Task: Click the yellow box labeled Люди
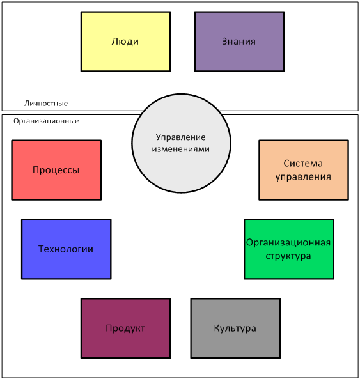click(x=126, y=42)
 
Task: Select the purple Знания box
click(x=239, y=42)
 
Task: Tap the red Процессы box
click(x=56, y=170)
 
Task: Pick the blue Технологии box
click(x=67, y=249)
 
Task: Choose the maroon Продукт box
click(x=126, y=329)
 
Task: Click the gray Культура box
click(x=235, y=329)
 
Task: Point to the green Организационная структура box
click(x=289, y=249)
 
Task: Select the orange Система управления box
click(x=304, y=170)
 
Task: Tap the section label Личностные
click(x=46, y=104)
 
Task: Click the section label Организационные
click(x=46, y=121)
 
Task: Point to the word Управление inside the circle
click(x=180, y=137)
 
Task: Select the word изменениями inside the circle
click(x=180, y=149)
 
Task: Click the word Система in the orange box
click(x=303, y=164)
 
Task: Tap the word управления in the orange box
click(x=303, y=177)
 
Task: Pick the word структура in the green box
click(x=288, y=256)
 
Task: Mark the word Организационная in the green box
click(x=288, y=242)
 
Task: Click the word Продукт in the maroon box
click(x=125, y=329)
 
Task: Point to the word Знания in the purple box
click(x=239, y=42)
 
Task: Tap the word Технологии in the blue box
click(x=66, y=249)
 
